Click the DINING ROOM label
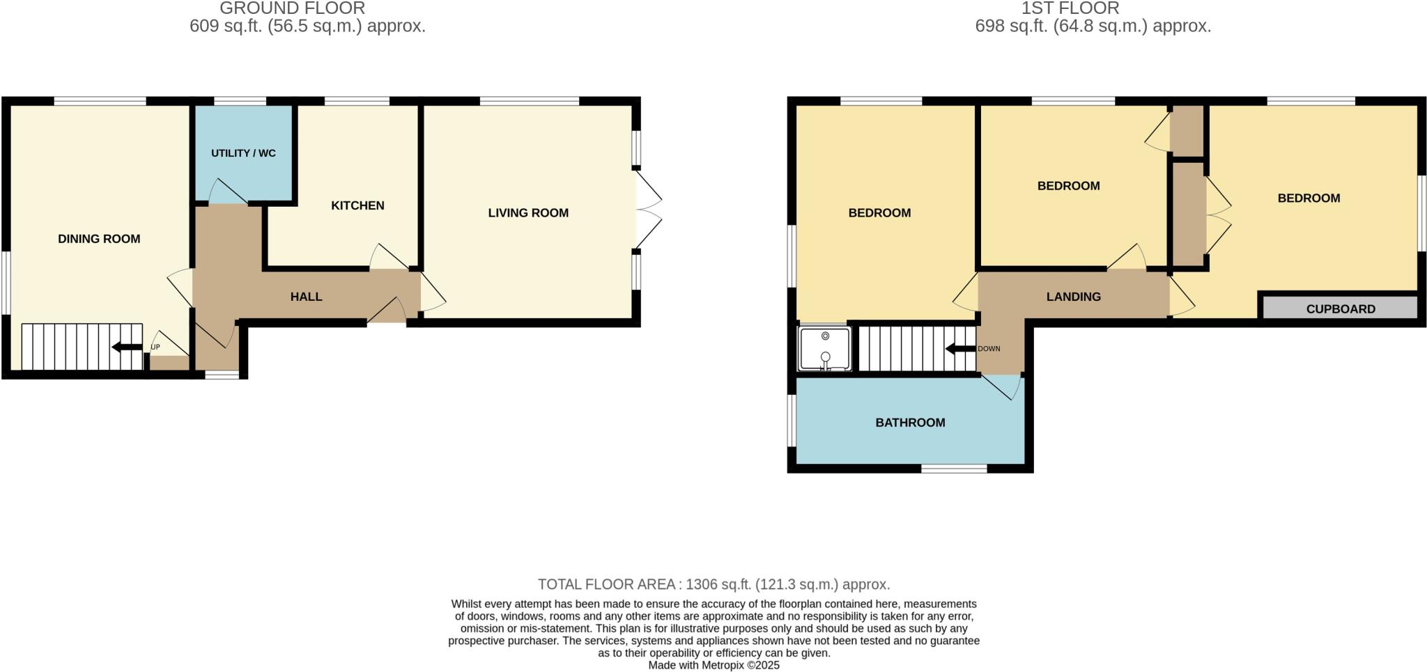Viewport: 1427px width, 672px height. [99, 239]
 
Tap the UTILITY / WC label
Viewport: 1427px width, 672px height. [243, 153]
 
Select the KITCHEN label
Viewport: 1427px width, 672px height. [357, 205]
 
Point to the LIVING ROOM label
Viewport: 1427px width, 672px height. [528, 213]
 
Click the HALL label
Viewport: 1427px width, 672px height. [306, 297]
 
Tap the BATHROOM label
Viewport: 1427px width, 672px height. [910, 423]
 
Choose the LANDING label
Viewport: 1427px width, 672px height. [1073, 297]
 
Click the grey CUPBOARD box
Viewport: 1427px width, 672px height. [1340, 308]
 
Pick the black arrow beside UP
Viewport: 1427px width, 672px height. [127, 347]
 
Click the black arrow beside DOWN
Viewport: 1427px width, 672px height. [960, 349]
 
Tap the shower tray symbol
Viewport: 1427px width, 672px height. [825, 348]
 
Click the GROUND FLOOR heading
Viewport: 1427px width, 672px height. [292, 8]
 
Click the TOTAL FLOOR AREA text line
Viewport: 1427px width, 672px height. [713, 584]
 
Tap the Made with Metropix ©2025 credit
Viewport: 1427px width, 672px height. [713, 665]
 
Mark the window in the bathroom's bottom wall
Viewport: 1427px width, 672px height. [954, 469]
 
